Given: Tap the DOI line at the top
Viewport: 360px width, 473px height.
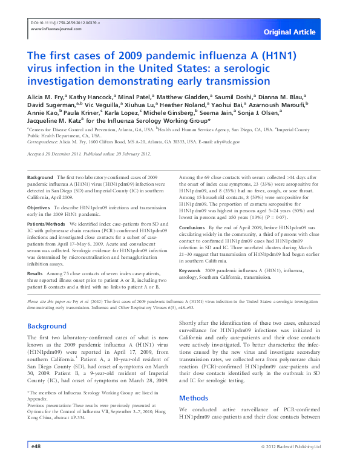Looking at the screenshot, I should click(65, 22).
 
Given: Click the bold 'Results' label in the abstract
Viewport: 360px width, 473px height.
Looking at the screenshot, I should click(37, 273).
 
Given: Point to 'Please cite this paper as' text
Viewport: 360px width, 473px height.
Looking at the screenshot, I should click(54, 301).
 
